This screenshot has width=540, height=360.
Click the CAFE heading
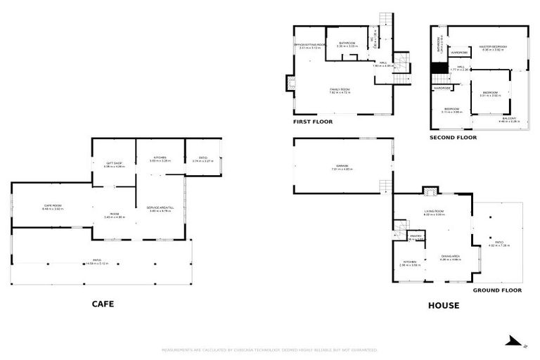(x=103, y=304)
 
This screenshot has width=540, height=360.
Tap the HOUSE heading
(x=444, y=305)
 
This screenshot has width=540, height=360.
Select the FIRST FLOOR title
(x=313, y=122)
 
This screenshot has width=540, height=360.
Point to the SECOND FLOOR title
(x=453, y=137)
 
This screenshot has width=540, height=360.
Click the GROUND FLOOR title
(x=496, y=290)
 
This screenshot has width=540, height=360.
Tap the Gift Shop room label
(x=114, y=165)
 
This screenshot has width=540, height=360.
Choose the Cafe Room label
(x=52, y=207)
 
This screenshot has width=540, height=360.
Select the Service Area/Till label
(x=159, y=209)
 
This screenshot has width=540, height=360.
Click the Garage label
(x=342, y=167)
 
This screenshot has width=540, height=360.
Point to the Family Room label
(x=340, y=91)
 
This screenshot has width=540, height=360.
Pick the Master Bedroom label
(x=493, y=49)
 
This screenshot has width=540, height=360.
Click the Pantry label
(x=416, y=238)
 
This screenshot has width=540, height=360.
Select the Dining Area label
(x=450, y=257)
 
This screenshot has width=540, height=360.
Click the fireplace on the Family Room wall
(x=290, y=84)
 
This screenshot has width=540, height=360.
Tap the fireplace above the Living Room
(x=429, y=191)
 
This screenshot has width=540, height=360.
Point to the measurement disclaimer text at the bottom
(x=270, y=349)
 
